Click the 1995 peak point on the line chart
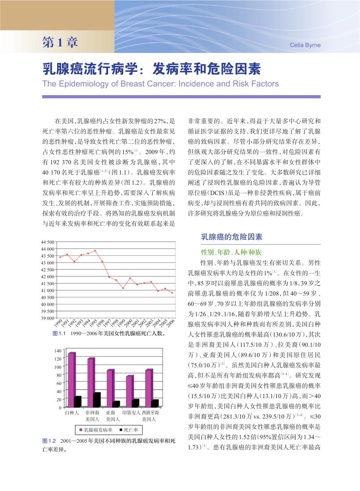click(95, 251)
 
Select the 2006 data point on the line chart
click(172, 293)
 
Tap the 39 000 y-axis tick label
click(47, 318)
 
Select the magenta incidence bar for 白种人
click(71, 380)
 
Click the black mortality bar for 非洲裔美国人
click(97, 399)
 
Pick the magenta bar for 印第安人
click(129, 391)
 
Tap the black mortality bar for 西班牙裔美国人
click(155, 403)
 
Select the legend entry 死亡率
click(130, 430)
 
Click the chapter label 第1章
click(60, 42)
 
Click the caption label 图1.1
click(59, 334)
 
